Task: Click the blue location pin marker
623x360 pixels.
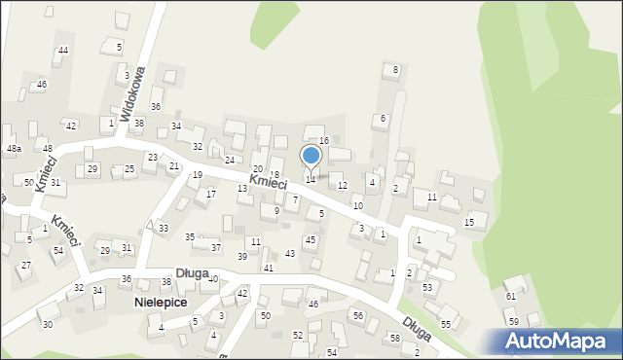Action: tap(311, 156)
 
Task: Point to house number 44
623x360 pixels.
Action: tap(63, 50)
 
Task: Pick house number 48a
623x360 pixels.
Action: tap(14, 149)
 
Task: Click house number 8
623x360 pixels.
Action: tap(395, 69)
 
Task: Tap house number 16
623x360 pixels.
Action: tap(324, 141)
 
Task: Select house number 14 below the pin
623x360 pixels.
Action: tap(311, 179)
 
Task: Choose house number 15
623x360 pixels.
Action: tap(469, 223)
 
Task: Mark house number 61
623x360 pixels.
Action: tap(511, 296)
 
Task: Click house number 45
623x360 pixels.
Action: tap(311, 239)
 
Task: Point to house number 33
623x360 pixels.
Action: tap(163, 228)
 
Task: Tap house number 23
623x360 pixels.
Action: tap(152, 157)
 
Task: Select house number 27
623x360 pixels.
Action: tap(26, 265)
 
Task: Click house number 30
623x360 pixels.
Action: tap(48, 324)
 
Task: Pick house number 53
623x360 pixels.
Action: tap(427, 287)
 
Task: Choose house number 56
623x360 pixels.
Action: tap(358, 315)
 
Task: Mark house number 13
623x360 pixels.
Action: tap(242, 188)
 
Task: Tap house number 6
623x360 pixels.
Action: tap(384, 118)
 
